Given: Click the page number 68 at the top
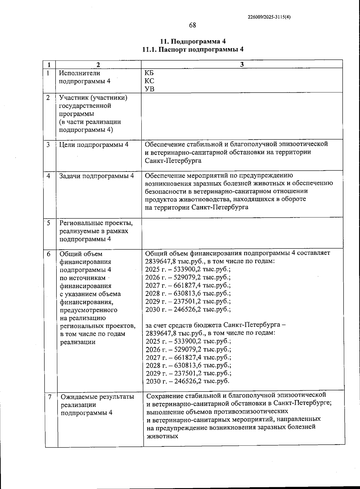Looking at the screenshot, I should pos(192,25).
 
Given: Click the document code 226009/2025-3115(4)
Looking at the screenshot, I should pos(269,17).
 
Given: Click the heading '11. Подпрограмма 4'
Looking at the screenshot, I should pos(193,41).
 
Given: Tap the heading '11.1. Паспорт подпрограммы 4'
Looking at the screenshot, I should pos(193,49).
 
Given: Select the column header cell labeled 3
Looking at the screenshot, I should pos(242,64).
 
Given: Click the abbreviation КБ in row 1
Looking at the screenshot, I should pos(149,73).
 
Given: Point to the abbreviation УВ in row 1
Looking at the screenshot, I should pos(149,89).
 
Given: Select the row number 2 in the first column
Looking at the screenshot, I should pos(48,98).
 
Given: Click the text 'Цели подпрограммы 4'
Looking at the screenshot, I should pos(94,145).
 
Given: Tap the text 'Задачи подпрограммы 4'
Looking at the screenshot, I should pos(96,176).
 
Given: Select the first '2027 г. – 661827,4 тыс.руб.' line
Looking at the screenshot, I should pos(188,285).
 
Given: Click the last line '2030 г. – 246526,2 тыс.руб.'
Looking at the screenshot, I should pos(187,381).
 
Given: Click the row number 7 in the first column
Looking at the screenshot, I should pos(50,397).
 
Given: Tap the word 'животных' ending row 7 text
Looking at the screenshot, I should pos(162,436).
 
